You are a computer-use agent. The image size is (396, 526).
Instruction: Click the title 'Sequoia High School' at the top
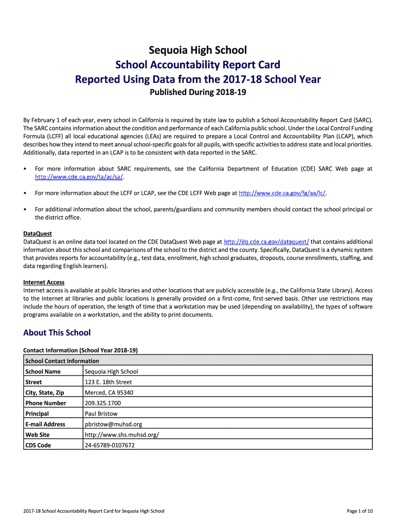click(x=198, y=50)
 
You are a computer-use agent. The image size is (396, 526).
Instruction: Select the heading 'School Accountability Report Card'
click(x=198, y=65)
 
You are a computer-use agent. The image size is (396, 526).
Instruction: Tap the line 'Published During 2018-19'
click(x=198, y=93)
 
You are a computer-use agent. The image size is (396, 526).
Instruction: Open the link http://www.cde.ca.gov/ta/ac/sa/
click(x=79, y=177)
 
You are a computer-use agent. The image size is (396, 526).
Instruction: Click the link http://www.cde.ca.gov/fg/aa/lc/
click(x=282, y=193)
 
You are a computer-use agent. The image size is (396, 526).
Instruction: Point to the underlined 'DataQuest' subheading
click(x=38, y=234)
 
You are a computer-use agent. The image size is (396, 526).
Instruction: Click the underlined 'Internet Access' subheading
click(x=44, y=282)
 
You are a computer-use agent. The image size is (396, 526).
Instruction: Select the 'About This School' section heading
click(x=57, y=333)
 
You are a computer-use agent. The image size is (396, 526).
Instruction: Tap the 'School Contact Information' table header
click(x=62, y=361)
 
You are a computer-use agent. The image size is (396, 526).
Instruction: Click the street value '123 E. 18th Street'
click(x=108, y=382)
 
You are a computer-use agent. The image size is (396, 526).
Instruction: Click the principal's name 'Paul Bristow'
click(x=101, y=414)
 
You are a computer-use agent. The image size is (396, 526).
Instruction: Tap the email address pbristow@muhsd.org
click(x=113, y=424)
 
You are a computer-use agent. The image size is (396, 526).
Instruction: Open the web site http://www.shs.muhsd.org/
click(x=122, y=435)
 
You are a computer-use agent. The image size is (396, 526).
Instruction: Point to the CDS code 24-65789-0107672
click(x=110, y=445)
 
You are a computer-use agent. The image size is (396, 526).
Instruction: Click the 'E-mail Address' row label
click(x=45, y=424)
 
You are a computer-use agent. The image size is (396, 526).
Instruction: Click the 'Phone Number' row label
click(x=46, y=403)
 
